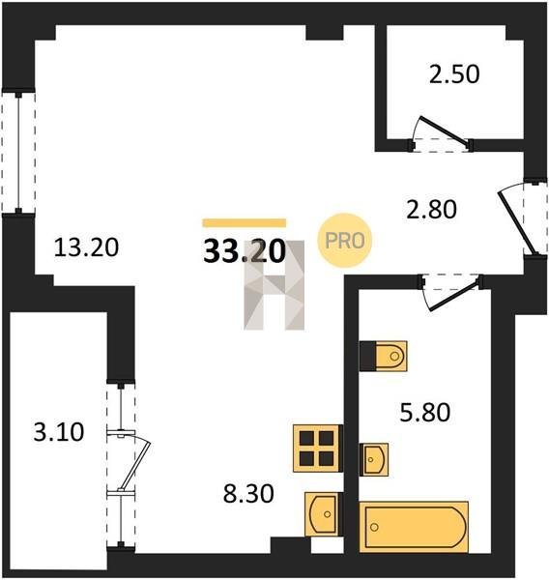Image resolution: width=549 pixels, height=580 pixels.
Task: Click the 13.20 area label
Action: point(86,247)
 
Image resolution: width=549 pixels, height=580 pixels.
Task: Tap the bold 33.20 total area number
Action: point(245,252)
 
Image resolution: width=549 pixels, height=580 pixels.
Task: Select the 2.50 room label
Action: point(454,74)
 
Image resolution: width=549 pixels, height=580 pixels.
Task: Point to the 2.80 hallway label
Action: point(431,210)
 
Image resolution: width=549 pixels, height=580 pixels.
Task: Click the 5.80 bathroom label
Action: point(425,413)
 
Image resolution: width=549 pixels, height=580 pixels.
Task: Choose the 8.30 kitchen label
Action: point(248,494)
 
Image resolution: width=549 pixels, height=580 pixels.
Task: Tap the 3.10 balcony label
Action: point(59,432)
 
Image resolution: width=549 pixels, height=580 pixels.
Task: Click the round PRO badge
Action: point(344,241)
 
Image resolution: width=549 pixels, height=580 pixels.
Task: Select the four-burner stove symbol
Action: point(318,449)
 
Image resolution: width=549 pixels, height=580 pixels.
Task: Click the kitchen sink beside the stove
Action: point(323,514)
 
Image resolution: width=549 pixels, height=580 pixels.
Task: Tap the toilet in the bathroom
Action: point(384,356)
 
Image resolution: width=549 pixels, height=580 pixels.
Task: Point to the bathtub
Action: point(414,528)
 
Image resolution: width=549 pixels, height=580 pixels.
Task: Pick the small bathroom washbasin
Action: point(374,459)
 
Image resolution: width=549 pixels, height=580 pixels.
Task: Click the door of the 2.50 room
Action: point(442,130)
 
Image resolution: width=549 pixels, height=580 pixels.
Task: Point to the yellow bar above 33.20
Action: point(245,222)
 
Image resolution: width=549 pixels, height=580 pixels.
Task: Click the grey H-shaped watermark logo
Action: point(274,285)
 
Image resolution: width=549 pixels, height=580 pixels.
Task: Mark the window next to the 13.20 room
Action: point(18,152)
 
